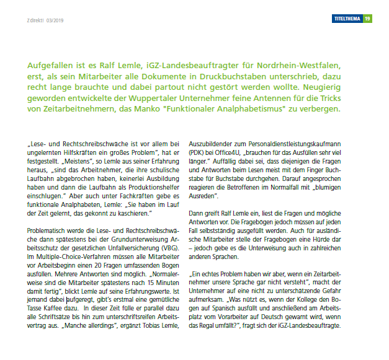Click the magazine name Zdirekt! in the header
pyautogui.click(x=32, y=19)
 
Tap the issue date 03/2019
pyautogui.click(x=55, y=19)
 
